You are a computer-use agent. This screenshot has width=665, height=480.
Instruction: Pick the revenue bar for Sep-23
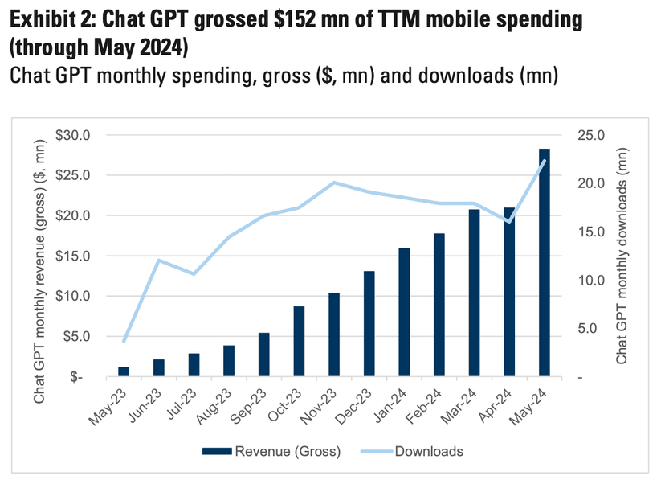point(264,355)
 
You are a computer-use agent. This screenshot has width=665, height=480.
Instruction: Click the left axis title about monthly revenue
point(39,256)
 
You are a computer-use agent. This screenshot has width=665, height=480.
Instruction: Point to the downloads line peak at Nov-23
point(334,183)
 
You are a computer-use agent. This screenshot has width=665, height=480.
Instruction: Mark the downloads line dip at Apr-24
point(509,221)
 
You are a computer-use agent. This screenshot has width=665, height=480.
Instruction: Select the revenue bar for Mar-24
point(474,293)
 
